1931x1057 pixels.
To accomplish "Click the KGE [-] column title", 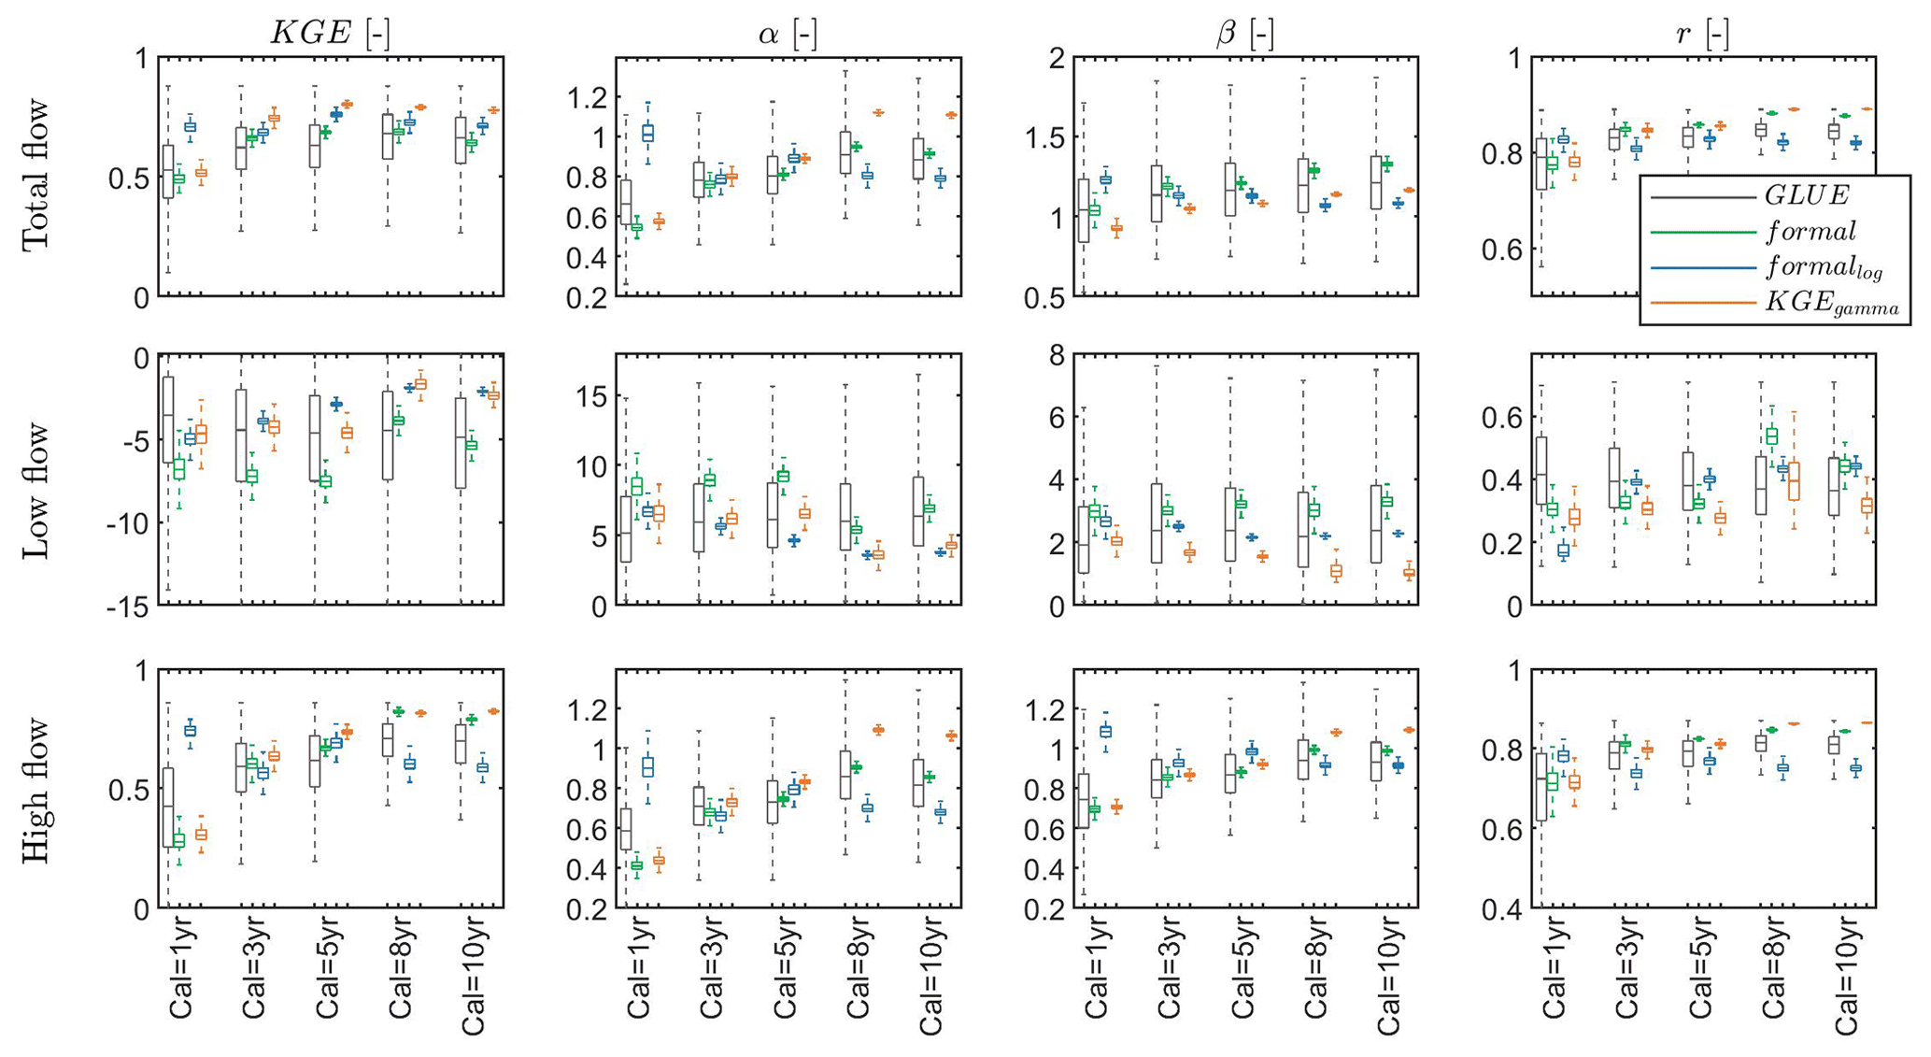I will [x=330, y=34].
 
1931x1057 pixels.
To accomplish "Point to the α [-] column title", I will [x=788, y=34].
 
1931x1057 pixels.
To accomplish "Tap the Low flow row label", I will [x=35, y=490].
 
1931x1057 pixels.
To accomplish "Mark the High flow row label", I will [x=35, y=790].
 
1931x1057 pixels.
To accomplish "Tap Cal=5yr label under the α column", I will [x=786, y=972].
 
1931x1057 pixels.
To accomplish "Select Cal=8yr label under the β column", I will [x=1316, y=972].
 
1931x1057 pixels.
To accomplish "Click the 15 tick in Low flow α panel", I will [x=589, y=396].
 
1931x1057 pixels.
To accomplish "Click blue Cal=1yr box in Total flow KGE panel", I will [x=190, y=126].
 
